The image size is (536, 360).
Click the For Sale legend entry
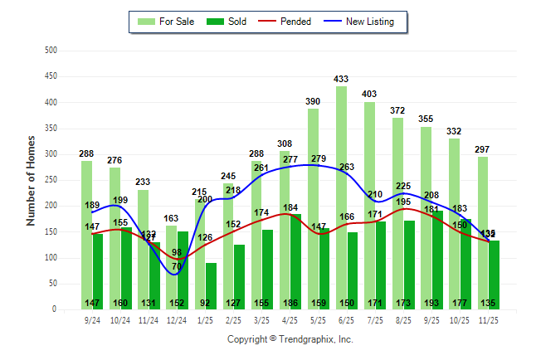(x=167, y=22)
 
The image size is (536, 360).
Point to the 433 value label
(x=341, y=79)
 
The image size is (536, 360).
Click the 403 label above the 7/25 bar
(x=369, y=95)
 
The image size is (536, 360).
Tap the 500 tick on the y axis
(x=51, y=51)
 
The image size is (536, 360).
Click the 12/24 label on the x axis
(x=176, y=319)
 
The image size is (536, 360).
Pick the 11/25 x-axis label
(x=488, y=319)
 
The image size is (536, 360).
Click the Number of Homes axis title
(x=31, y=180)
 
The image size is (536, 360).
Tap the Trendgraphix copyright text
(x=290, y=339)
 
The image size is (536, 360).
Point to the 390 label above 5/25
(x=313, y=101)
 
